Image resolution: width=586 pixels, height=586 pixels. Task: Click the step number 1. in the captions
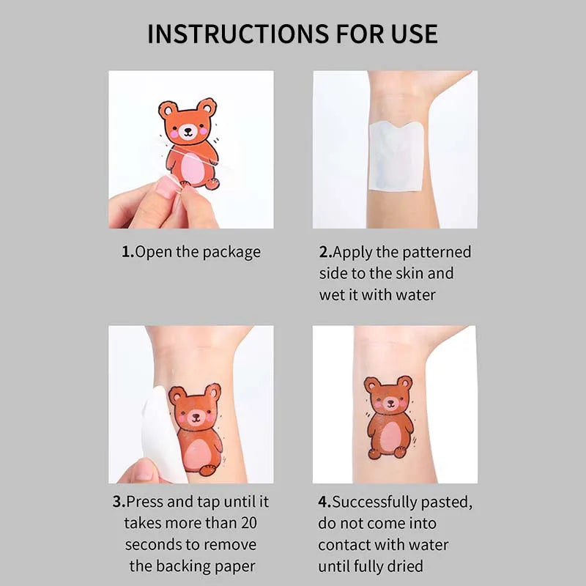coord(127,252)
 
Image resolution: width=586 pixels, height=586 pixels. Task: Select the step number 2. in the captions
coord(325,252)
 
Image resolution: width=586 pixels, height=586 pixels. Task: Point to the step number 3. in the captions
coord(118,502)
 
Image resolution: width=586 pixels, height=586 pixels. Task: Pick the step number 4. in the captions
coord(324,502)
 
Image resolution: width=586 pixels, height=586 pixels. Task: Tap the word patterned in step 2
coord(436,252)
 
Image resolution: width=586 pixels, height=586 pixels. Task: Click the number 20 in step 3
coord(248,523)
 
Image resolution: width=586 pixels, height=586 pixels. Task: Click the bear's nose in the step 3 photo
coord(196,418)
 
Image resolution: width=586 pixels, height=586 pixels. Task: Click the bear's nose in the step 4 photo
coord(389,404)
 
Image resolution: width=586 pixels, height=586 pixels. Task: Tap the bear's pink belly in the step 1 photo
coord(193,169)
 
